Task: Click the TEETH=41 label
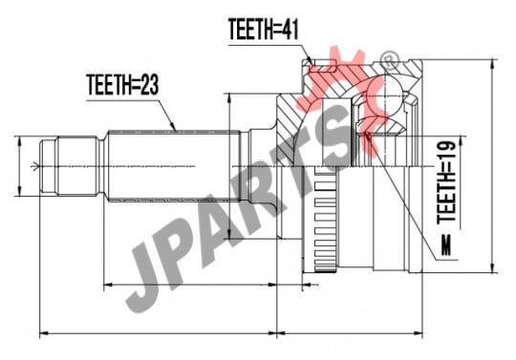pyautogui.click(x=263, y=30)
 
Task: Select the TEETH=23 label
pyautogui.click(x=122, y=85)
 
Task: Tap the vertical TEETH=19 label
pyautogui.click(x=446, y=182)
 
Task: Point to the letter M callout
pyautogui.click(x=446, y=245)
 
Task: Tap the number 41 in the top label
pyautogui.click(x=289, y=30)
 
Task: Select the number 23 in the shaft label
pyautogui.click(x=148, y=85)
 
